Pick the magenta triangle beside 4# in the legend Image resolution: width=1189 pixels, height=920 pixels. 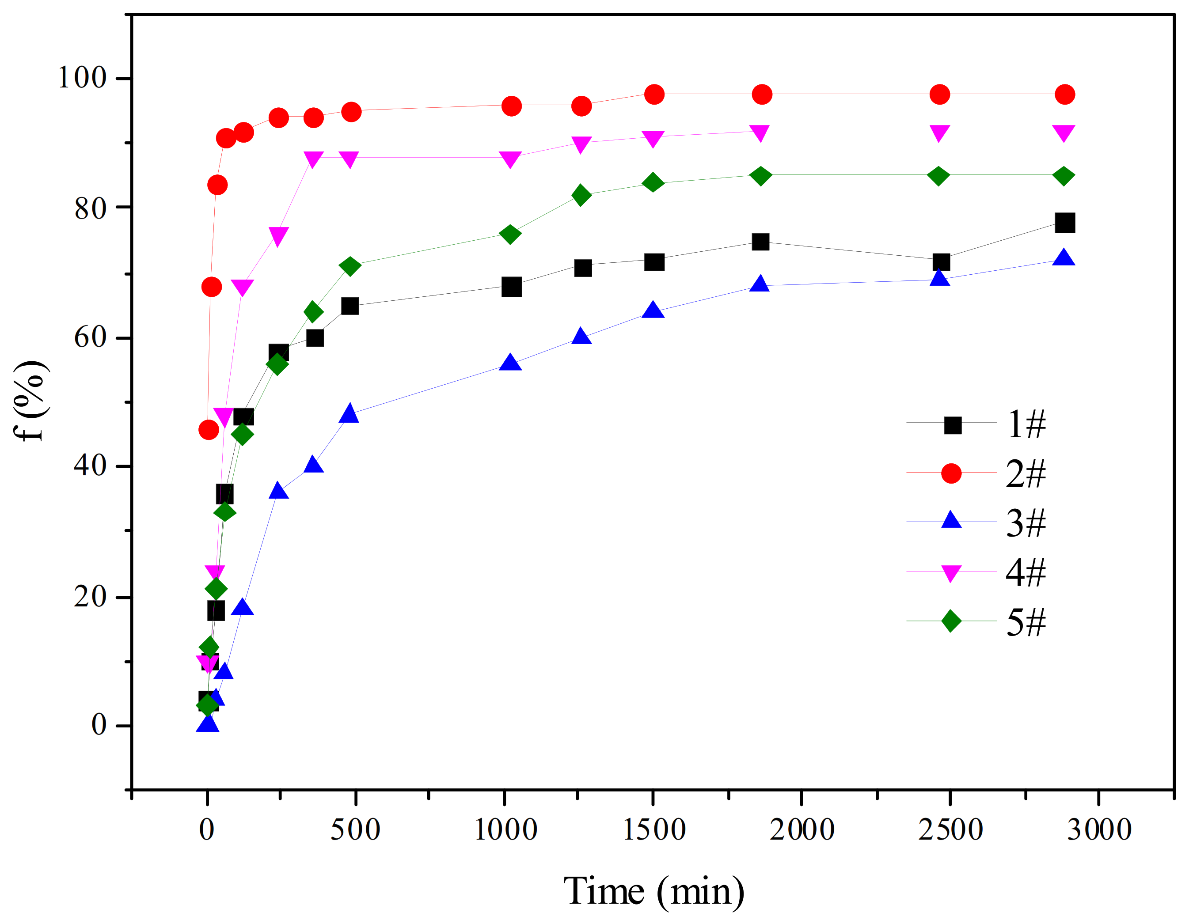tap(951, 573)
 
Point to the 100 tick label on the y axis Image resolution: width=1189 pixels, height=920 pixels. tap(82, 77)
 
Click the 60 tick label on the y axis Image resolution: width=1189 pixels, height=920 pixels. tap(90, 337)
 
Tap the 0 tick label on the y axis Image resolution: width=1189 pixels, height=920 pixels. tap(99, 725)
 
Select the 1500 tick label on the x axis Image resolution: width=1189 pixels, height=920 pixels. tap(653, 830)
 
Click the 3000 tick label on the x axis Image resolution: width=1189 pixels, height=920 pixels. tap(1098, 830)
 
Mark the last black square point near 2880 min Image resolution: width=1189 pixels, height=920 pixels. tap(1064, 223)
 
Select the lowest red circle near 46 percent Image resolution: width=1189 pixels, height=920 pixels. tap(209, 430)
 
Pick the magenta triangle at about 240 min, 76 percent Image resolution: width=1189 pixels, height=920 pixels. tap(278, 235)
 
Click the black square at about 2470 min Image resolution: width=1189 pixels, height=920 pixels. tap(941, 262)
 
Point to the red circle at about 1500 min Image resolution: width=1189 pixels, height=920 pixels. tap(654, 94)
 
